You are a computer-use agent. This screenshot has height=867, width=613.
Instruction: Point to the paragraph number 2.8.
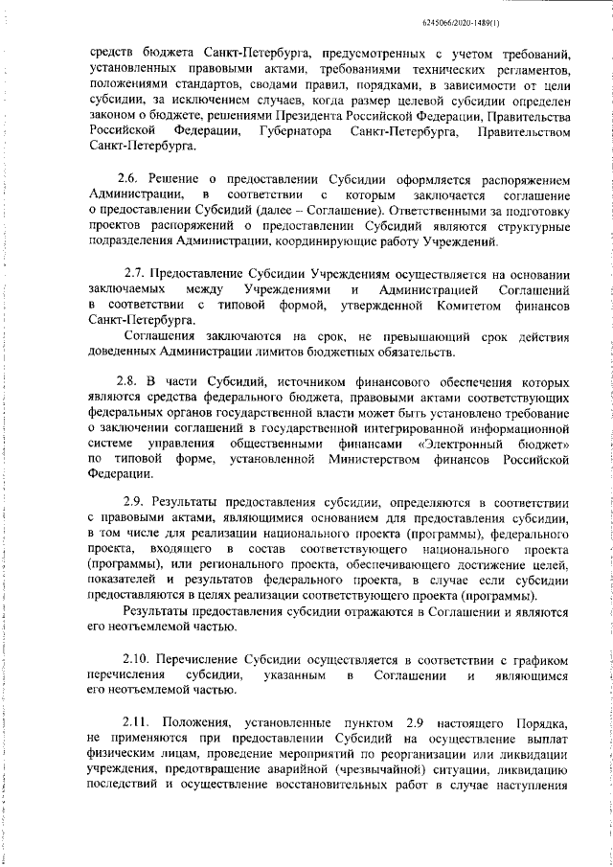(129, 380)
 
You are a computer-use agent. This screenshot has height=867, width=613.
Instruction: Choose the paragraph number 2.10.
(141, 660)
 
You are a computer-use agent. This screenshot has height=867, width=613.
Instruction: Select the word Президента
(313, 115)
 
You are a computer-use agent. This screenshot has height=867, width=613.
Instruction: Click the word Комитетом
(442, 304)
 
